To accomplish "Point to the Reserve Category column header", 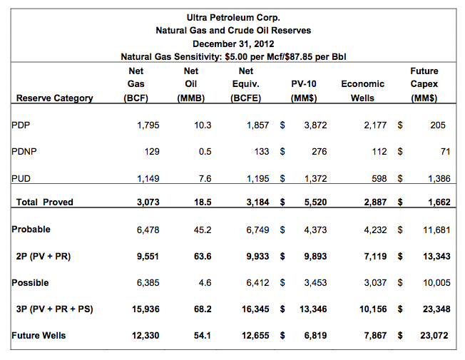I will (x=54, y=98).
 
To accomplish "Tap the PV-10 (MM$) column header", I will (x=304, y=91).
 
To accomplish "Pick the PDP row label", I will (x=21, y=125).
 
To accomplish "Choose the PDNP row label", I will (x=24, y=151).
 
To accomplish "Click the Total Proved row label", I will (x=44, y=202).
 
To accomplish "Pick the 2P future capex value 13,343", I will (x=435, y=256).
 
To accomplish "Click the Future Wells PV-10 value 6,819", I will (x=313, y=335).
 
